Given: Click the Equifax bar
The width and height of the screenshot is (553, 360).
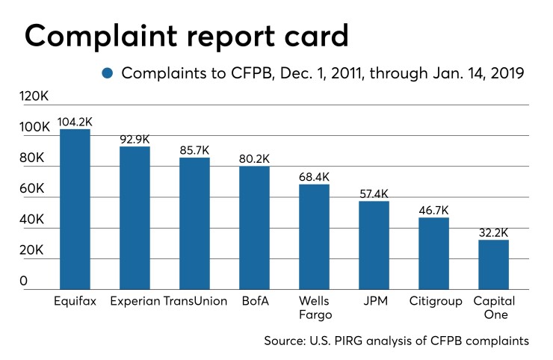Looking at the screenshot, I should tap(75, 209).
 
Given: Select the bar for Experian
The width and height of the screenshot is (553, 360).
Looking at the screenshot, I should tap(135, 217).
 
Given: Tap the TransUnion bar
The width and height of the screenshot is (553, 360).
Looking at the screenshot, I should tap(194, 223).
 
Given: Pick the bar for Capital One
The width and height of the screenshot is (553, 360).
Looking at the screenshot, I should tap(493, 264).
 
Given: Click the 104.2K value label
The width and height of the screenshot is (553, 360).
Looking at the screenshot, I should tap(75, 121).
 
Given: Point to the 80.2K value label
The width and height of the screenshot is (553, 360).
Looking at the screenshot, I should tap(254, 158).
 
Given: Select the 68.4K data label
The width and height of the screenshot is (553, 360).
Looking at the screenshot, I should tap(314, 176).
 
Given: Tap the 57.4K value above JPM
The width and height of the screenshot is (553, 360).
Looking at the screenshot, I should tap(374, 193).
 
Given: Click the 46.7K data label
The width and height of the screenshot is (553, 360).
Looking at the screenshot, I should tap(433, 209).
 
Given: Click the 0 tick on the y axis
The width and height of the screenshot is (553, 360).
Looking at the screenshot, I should tap(24, 282).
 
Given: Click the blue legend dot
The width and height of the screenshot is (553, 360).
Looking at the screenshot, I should tap(108, 73).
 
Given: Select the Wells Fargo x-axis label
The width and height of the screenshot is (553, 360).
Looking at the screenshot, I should tap(314, 308).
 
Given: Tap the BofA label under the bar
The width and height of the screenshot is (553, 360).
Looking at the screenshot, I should tap(254, 301).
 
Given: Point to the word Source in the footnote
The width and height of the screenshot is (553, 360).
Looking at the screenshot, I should tap(285, 341).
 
